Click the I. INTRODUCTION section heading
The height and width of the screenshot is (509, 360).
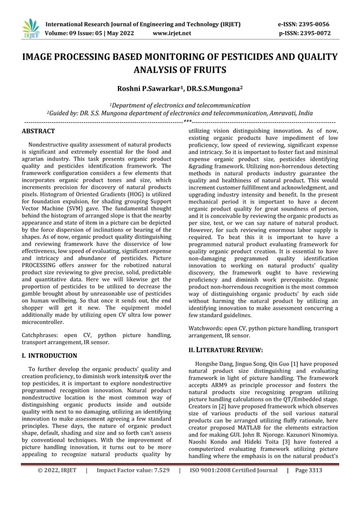coord(49,356)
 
